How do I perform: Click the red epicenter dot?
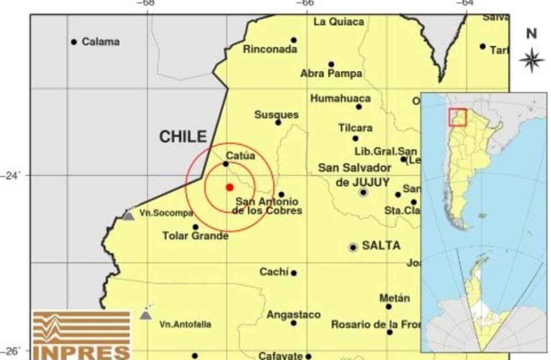pyautogui.click(x=229, y=187)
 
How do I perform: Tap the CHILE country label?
pyautogui.click(x=183, y=137)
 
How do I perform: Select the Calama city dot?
pyautogui.click(x=74, y=42)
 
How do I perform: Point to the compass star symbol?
pyautogui.click(x=531, y=58)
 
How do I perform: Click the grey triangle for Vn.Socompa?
pyautogui.click(x=129, y=215)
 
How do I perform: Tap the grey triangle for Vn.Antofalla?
pyautogui.click(x=146, y=314)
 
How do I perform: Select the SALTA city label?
pyautogui.click(x=381, y=246)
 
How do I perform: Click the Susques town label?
pyautogui.click(x=276, y=115)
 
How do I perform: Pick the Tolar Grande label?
pyautogui.click(x=195, y=236)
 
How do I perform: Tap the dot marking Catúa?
pyautogui.click(x=226, y=164)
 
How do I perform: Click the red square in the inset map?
pyautogui.click(x=457, y=117)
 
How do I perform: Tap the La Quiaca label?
pyautogui.click(x=338, y=22)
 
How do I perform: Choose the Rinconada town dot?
pyautogui.click(x=293, y=40)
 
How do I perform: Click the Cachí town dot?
pyautogui.click(x=293, y=273)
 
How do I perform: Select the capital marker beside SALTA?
pyautogui.click(x=353, y=247)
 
